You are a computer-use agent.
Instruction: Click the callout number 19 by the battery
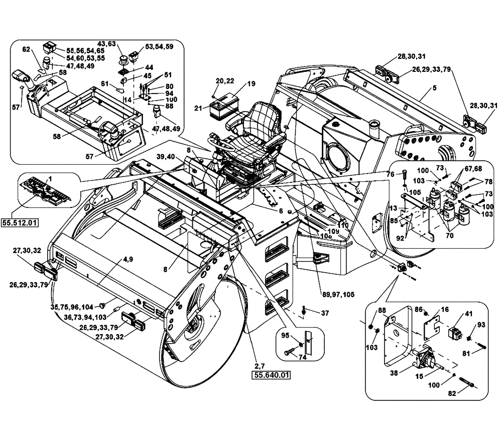pyautogui.click(x=251, y=84)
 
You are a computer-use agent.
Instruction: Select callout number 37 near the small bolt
pyautogui.click(x=325, y=313)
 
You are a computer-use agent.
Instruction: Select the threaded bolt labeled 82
pyautogui.click(x=469, y=386)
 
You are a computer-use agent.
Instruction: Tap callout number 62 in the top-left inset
pyautogui.click(x=27, y=50)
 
